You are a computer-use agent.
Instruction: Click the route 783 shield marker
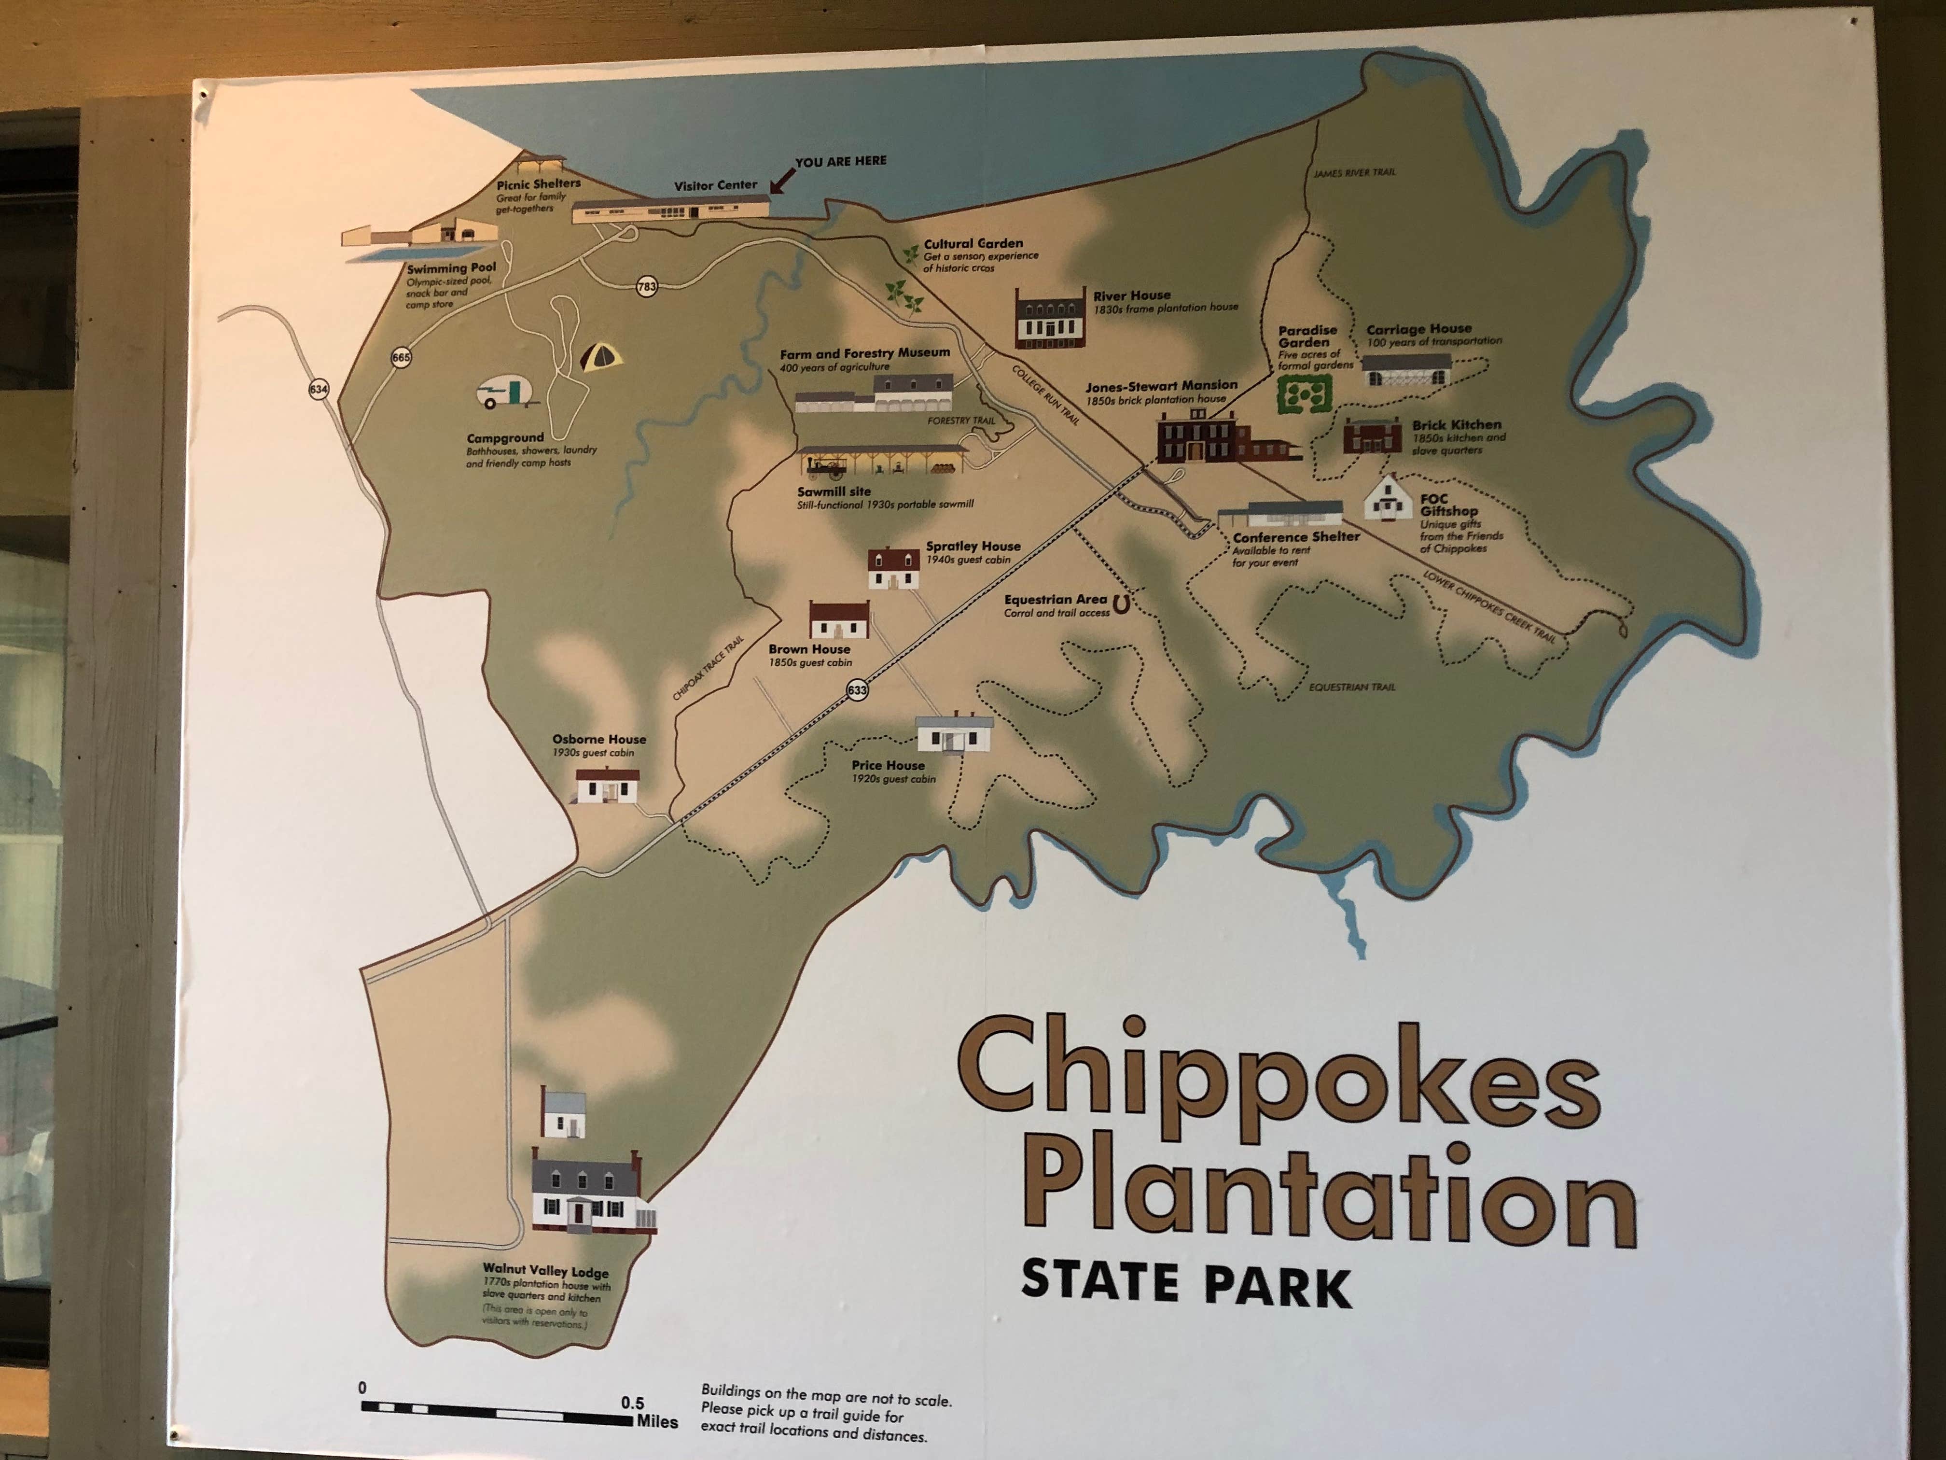click(647, 286)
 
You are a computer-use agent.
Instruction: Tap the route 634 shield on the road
click(319, 389)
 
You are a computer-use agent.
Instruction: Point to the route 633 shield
click(857, 690)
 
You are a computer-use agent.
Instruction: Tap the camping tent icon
click(601, 356)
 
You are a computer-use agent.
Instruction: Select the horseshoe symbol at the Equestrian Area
click(1121, 604)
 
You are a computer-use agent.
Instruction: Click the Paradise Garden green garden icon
click(1303, 394)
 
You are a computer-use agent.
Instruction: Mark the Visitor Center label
click(715, 185)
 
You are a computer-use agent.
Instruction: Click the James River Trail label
click(1354, 172)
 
